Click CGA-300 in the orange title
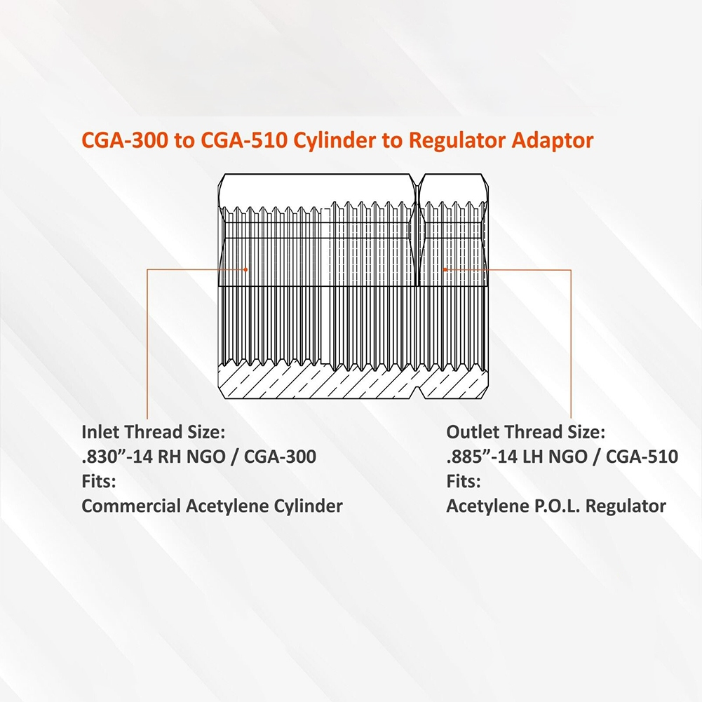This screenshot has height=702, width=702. point(125,140)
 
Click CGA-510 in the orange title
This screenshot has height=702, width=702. point(243,140)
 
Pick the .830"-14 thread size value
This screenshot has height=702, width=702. point(117,457)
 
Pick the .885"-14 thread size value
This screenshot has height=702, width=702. point(482,457)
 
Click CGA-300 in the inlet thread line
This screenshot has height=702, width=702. point(281,457)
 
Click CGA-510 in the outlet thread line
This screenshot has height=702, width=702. point(642,457)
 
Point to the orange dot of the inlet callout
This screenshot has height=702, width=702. point(245,269)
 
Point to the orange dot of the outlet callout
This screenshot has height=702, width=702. point(445,269)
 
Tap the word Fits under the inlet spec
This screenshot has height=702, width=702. point(98,481)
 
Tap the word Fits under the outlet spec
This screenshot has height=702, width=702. point(464,481)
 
